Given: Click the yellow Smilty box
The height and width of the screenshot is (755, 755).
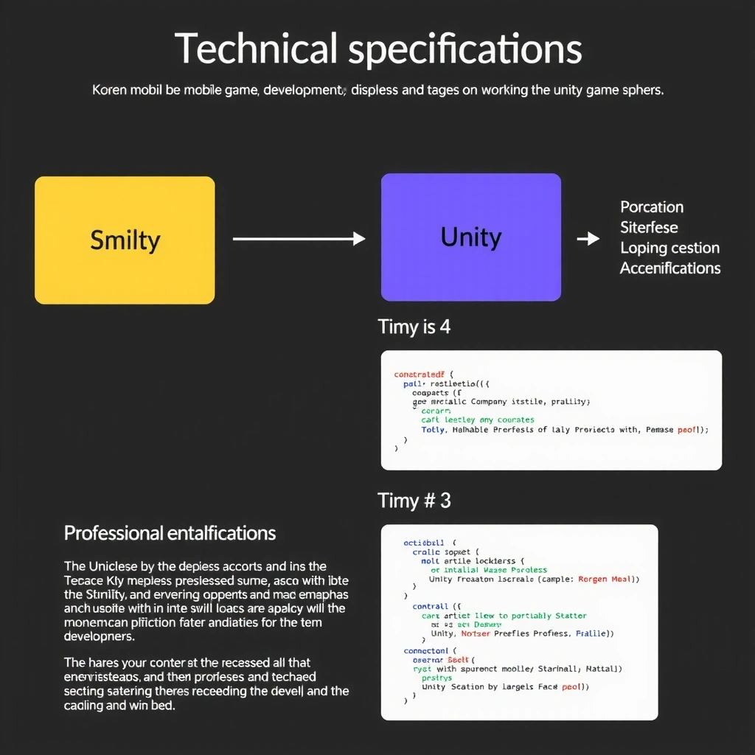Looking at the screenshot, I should click(x=125, y=240).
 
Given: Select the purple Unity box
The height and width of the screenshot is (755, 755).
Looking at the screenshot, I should click(x=470, y=237).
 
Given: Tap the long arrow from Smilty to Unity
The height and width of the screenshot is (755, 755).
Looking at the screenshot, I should click(x=299, y=238).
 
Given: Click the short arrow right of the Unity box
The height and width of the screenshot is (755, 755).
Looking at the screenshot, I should click(x=588, y=238).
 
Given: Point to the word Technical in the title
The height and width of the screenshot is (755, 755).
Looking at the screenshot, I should click(x=256, y=49).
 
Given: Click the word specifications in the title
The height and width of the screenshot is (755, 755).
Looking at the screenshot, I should click(x=465, y=49).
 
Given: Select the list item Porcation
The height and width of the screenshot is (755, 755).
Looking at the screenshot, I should click(x=652, y=207).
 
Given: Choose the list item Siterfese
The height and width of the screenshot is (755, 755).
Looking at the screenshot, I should click(x=649, y=228).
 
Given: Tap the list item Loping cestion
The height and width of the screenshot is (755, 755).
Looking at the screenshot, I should click(x=669, y=248).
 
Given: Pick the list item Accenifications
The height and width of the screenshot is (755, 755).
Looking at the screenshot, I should click(x=670, y=268).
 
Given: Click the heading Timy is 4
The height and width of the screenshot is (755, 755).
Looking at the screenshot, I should click(x=414, y=327).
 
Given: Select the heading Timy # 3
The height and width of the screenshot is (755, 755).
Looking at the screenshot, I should click(x=414, y=501).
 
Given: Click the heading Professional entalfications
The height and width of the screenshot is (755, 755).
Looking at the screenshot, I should click(x=170, y=533).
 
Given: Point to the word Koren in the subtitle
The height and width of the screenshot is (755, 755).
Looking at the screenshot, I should click(x=110, y=91).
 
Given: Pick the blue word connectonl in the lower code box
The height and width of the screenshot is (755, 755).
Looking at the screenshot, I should click(x=426, y=651).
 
